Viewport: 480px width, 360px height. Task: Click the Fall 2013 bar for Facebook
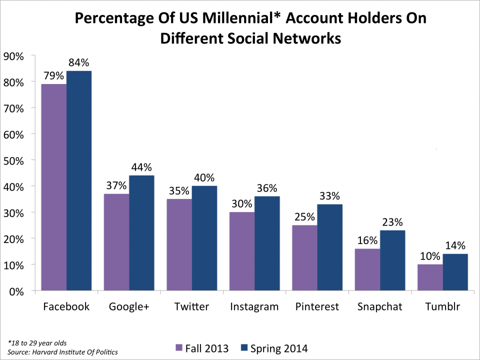click(54, 187)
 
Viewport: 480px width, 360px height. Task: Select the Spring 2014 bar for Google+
click(142, 233)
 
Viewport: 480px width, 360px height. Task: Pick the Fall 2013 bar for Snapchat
click(367, 269)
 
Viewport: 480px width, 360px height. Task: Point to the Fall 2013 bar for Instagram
click(242, 251)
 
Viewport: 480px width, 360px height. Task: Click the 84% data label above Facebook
click(78, 63)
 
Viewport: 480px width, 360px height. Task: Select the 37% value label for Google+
click(116, 186)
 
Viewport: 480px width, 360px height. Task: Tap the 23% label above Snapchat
click(393, 222)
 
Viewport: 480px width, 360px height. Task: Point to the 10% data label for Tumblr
click(430, 256)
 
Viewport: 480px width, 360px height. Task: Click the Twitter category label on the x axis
click(192, 306)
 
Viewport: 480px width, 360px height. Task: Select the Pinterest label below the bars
click(317, 306)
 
